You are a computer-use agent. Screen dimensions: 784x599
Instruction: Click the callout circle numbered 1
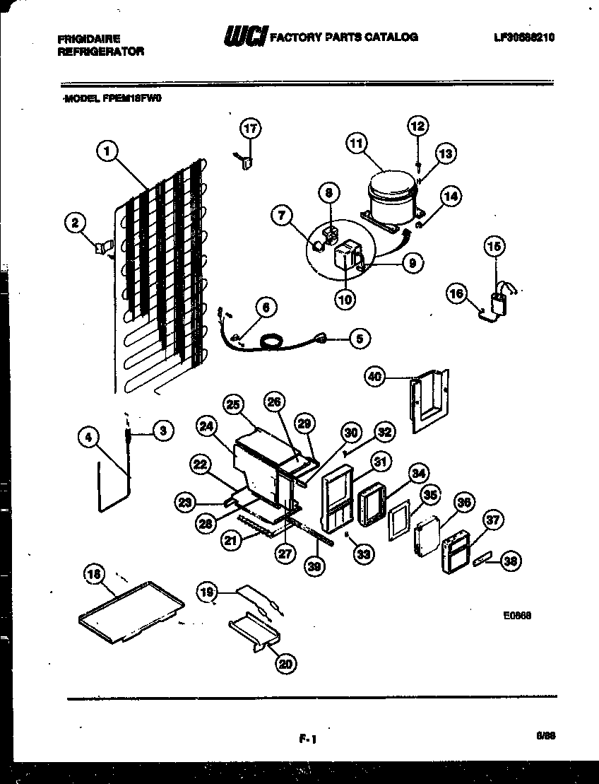point(106,150)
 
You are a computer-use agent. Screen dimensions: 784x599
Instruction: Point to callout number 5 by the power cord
point(360,339)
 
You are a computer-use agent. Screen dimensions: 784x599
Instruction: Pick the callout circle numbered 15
point(494,246)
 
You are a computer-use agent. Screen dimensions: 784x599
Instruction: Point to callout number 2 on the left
point(73,223)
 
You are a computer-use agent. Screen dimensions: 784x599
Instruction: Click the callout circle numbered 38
point(509,561)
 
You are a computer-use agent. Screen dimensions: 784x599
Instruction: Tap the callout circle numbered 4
point(88,438)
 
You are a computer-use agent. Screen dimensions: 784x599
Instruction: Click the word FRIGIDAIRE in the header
point(88,39)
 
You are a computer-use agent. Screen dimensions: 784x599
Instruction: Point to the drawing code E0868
point(517,615)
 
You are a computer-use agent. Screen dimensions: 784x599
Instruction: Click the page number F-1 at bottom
point(305,740)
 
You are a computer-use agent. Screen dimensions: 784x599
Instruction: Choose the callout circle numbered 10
point(345,299)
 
